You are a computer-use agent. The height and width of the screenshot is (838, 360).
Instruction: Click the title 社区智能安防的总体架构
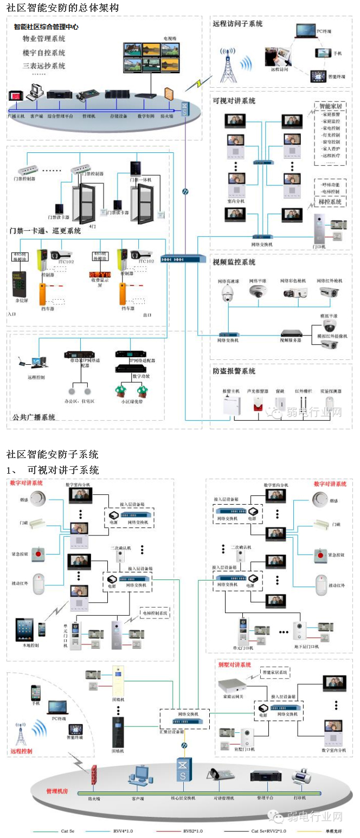click(x=63, y=8)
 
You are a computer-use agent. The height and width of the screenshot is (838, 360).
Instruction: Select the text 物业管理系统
click(x=44, y=39)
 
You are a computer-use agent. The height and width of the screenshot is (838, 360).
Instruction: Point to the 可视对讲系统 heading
click(x=234, y=101)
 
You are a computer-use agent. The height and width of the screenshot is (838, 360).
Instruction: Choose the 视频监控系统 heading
click(x=234, y=262)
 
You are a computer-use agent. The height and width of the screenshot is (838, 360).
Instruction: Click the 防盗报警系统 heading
click(x=234, y=371)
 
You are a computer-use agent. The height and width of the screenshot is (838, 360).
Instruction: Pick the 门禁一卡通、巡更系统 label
click(x=45, y=231)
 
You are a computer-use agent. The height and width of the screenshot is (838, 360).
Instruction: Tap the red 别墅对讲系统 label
click(x=234, y=665)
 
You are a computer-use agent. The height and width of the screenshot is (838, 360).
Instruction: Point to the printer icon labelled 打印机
click(x=301, y=778)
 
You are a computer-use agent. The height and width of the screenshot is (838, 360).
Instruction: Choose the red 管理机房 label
click(x=60, y=791)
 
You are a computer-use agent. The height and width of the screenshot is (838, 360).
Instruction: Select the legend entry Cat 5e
click(x=68, y=831)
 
